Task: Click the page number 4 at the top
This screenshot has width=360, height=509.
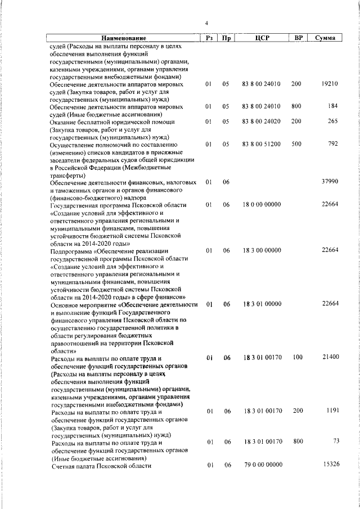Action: [x=206, y=23]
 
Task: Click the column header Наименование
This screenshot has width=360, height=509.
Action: [x=123, y=38]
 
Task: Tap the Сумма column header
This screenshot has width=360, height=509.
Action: [x=326, y=38]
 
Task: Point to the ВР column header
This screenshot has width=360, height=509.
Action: [x=299, y=38]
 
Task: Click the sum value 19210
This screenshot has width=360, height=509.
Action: [x=329, y=84]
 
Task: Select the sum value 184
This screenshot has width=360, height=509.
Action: [x=333, y=106]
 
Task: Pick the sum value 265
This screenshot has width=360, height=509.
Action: [x=332, y=121]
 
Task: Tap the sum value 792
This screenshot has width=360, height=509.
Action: [x=332, y=143]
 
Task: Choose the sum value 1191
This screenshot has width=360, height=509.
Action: [x=331, y=411]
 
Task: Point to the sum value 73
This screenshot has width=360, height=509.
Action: [x=335, y=442]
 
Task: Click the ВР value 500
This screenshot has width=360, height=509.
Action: [x=296, y=143]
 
